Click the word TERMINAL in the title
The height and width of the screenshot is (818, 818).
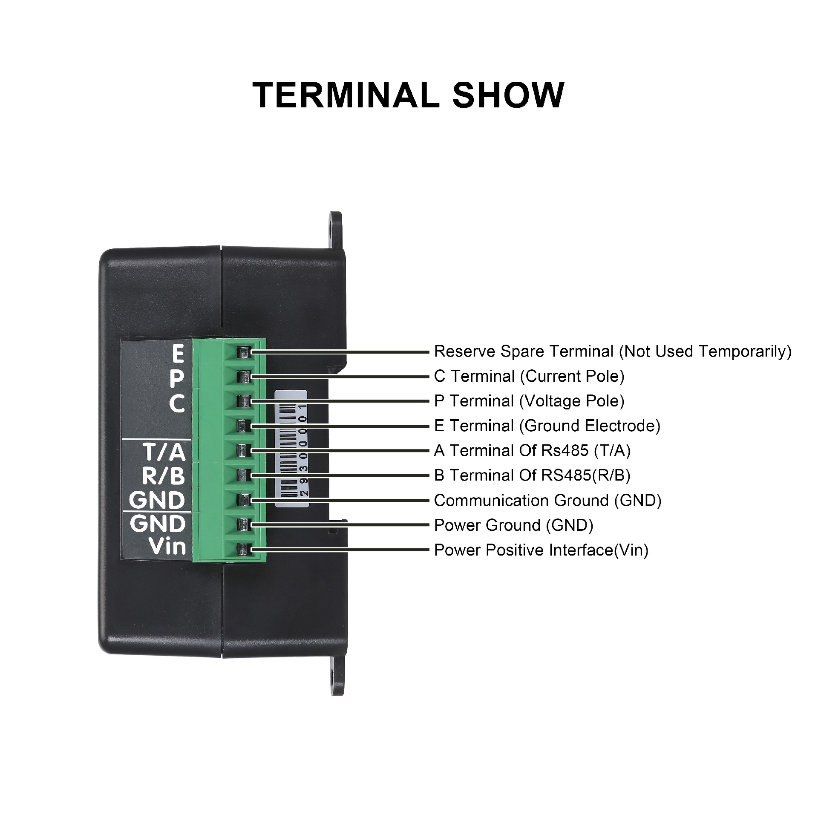[x=346, y=95]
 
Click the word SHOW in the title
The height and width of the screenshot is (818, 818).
[x=508, y=95]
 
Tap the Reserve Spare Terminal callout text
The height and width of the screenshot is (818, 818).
[x=613, y=351]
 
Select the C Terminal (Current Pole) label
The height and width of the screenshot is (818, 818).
[x=529, y=376]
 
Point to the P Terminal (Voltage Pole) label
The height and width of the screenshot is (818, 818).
[x=529, y=401]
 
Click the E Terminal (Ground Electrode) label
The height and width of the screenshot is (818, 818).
[x=547, y=426]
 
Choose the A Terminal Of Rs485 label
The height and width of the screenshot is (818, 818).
[x=532, y=450]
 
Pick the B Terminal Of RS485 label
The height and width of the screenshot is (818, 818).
[x=532, y=475]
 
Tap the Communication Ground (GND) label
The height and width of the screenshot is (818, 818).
[x=547, y=500]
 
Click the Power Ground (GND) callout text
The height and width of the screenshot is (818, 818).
[x=513, y=525]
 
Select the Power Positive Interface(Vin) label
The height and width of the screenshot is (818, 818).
[x=541, y=550]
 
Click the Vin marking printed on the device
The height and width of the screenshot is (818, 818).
[x=168, y=546]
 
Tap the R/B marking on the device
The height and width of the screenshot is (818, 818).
[x=164, y=475]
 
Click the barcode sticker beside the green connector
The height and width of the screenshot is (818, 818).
[x=292, y=448]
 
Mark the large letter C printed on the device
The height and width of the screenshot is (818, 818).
[x=177, y=404]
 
